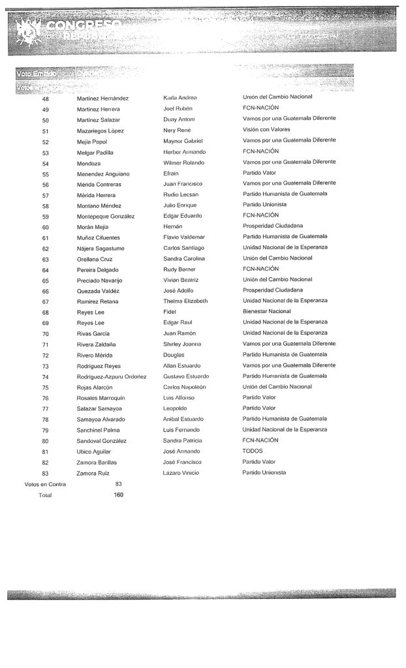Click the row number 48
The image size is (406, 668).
pos(46,99)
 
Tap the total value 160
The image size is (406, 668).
pos(119,494)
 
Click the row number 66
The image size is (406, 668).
pos(46,290)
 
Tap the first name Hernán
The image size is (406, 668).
pos(173,226)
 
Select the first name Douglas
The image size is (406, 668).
pos(174,355)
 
